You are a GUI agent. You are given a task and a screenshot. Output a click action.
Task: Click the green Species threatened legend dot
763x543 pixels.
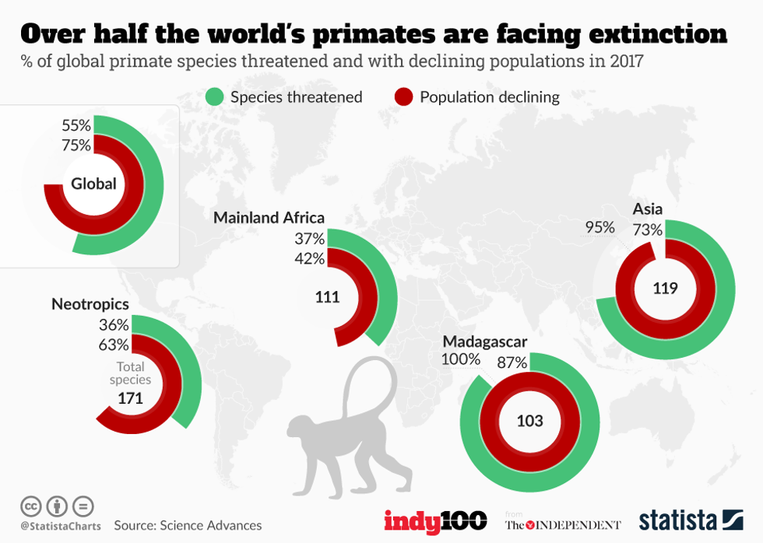tap(215, 97)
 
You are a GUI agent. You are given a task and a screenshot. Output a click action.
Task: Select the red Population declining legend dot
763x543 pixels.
tap(404, 97)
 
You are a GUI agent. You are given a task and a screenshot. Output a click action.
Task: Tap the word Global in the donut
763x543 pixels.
tap(93, 184)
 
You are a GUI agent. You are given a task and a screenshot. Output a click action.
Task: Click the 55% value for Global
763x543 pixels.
tap(76, 125)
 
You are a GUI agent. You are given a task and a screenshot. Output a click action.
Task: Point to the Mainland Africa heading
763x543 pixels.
tap(269, 218)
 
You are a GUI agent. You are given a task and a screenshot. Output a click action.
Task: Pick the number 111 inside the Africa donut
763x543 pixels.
tap(328, 296)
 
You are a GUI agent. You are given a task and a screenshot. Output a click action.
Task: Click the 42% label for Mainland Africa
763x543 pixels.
tap(309, 259)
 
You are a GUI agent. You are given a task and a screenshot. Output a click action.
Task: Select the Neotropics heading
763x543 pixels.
tap(90, 304)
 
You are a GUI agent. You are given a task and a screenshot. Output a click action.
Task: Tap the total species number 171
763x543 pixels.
tap(131, 398)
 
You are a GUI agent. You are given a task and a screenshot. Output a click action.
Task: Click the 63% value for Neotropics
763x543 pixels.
tap(114, 345)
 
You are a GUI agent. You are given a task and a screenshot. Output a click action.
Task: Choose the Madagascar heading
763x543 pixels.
tap(484, 342)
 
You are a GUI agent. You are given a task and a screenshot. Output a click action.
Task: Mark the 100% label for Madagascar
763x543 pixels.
tap(461, 360)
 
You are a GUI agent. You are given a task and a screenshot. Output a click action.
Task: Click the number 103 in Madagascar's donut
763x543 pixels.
tap(529, 421)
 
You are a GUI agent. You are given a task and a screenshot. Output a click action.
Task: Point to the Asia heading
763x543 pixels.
tap(648, 209)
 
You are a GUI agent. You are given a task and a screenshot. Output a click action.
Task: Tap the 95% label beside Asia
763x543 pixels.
tap(599, 228)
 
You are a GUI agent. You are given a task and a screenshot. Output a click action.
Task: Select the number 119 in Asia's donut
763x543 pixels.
tap(666, 289)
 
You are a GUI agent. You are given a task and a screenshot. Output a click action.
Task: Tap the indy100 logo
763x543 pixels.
tap(434, 521)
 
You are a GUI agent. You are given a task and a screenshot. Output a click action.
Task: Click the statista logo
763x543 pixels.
tap(691, 520)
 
